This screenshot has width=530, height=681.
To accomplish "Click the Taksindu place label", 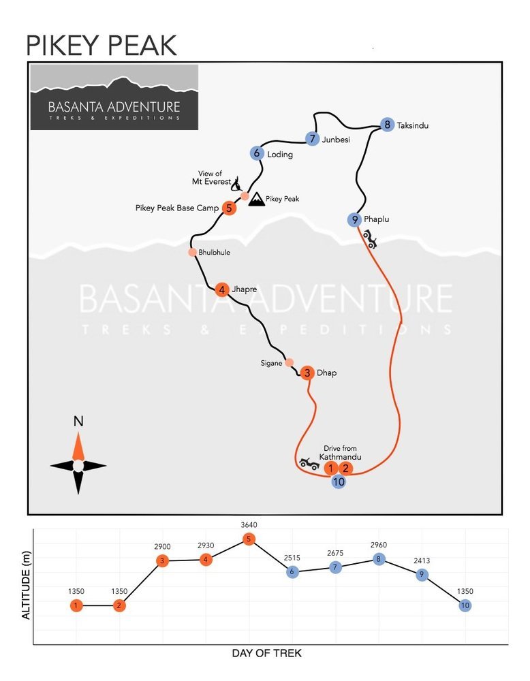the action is pos(413,125).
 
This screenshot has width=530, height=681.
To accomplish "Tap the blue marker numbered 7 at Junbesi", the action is pos(312,138).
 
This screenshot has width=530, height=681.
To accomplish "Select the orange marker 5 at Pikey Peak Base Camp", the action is pos(229,208).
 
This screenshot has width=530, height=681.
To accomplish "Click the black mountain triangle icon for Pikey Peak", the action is pos(257,199).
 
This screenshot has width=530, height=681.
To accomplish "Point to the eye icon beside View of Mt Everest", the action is pos(237,184).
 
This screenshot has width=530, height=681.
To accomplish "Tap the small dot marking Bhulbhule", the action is pos(193,253).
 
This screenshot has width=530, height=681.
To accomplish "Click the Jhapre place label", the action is pos(244,289).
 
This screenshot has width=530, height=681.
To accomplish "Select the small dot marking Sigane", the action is pos(290,363).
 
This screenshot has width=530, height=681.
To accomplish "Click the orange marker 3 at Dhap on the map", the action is pos(307,373).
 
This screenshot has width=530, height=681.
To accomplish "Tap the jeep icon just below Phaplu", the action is pos(370,239).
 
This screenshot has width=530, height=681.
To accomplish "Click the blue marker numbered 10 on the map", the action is pos(339,481).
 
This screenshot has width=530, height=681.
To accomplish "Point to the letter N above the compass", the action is pos(78,422).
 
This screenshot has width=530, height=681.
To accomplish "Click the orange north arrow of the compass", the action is pos(78,446).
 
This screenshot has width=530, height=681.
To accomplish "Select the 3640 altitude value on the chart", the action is pos(249,524).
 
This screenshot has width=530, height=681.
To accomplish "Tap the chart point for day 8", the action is pos(378,559).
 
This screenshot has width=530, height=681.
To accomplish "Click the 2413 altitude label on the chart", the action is pos(422,560).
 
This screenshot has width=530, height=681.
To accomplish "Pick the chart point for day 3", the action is pos(162,560).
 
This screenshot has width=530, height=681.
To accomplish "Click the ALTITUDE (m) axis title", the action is pos(26,585).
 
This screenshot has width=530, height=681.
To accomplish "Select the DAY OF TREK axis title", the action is pos(267,653).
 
